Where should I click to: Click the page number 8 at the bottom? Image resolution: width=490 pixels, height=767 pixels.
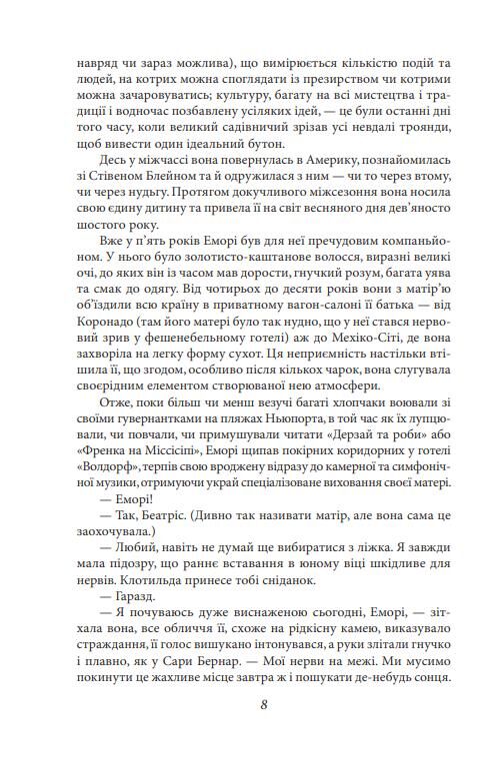(262, 702)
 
